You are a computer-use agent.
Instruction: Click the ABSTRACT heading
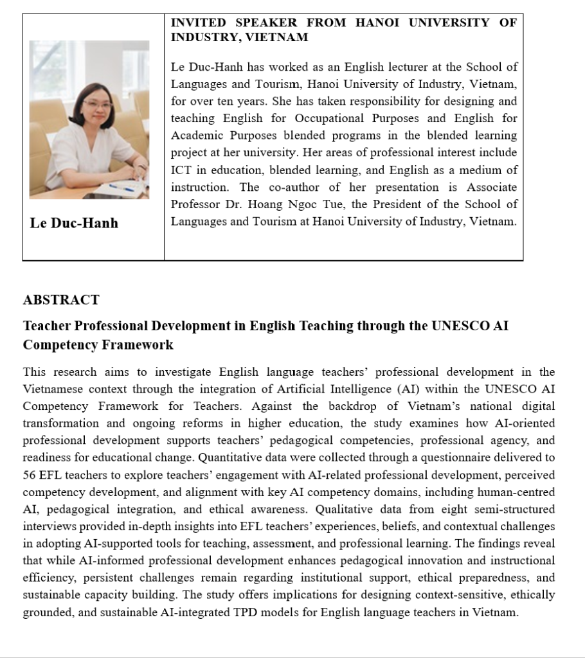pyautogui.click(x=61, y=300)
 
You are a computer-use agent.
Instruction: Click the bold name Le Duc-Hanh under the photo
pyautogui.click(x=74, y=223)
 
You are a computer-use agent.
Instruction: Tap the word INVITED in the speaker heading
pyautogui.click(x=197, y=22)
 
